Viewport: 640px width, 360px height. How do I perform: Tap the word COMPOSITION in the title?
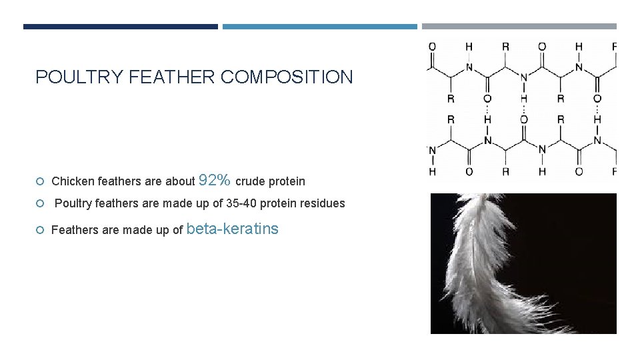point(287,77)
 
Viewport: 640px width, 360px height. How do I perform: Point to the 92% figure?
point(215,180)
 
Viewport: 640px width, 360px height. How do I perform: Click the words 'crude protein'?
point(270,181)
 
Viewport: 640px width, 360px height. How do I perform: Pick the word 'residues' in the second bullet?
point(324,203)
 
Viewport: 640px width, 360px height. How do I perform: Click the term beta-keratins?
point(233,229)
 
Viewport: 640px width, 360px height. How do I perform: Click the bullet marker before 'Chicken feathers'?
point(41,181)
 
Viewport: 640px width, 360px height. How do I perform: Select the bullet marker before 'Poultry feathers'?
point(41,203)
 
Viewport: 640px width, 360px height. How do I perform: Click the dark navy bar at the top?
point(120,27)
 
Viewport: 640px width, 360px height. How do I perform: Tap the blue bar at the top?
point(319,27)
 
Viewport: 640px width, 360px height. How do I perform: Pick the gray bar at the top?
point(519,27)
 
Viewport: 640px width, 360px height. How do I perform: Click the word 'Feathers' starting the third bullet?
point(73,231)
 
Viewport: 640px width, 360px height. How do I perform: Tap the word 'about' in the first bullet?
point(180,181)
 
